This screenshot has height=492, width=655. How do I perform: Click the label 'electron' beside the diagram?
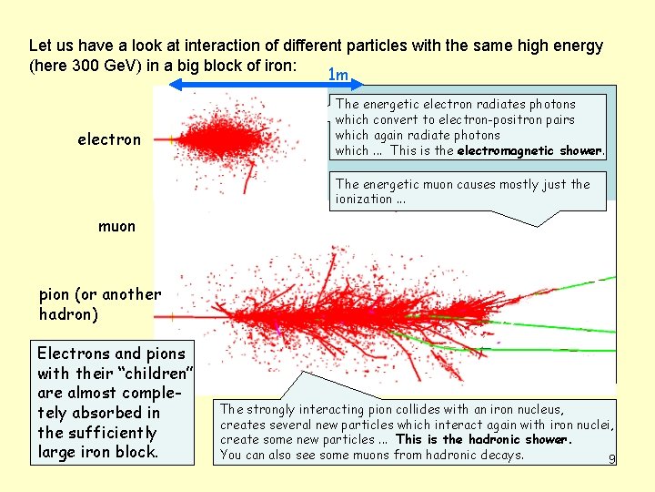click(109, 139)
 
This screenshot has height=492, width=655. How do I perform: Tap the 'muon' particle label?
click(116, 226)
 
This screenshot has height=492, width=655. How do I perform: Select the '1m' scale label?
click(338, 75)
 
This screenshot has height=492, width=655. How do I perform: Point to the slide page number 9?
click(612, 459)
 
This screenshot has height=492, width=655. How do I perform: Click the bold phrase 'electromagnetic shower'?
click(529, 151)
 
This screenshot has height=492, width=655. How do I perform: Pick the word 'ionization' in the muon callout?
click(363, 200)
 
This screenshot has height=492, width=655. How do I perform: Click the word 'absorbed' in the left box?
click(102, 413)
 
